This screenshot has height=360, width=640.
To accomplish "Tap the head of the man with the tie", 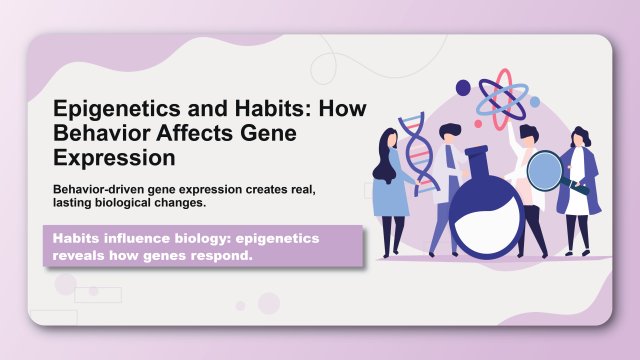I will coord(451,132).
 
